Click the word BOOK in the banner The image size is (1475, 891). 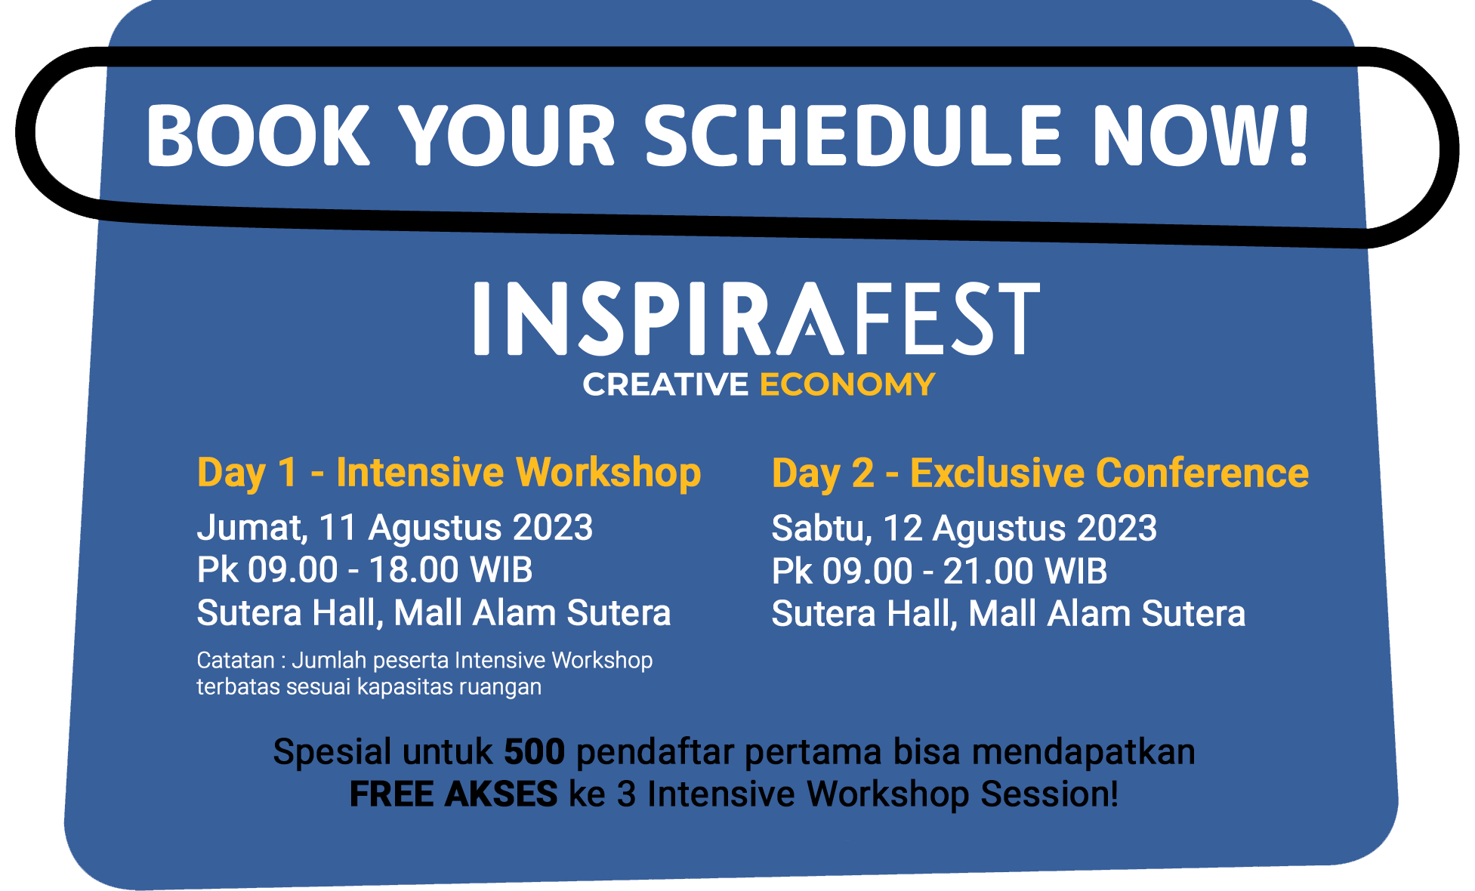coord(258,135)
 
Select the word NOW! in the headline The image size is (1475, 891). coord(1201,135)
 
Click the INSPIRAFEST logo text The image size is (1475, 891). coord(757,318)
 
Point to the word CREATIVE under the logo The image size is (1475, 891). coord(665,384)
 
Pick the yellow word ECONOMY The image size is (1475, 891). coord(847,384)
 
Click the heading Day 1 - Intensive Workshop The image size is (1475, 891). coord(449,473)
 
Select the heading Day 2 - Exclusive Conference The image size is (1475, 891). coord(1040,474)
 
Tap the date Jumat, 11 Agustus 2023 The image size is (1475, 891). coord(395,528)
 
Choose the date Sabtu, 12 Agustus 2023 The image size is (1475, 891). coord(964,529)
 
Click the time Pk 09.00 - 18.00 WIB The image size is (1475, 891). coord(365,570)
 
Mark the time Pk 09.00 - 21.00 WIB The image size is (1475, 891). coord(940,571)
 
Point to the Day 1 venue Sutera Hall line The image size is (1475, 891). coord(434,613)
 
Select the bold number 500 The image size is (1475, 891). coord(535,752)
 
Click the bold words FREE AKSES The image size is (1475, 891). coord(453,794)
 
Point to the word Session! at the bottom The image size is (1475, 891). coord(1050,794)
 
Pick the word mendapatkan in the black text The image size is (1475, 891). coord(1084,753)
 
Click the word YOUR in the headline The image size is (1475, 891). coord(507,135)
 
